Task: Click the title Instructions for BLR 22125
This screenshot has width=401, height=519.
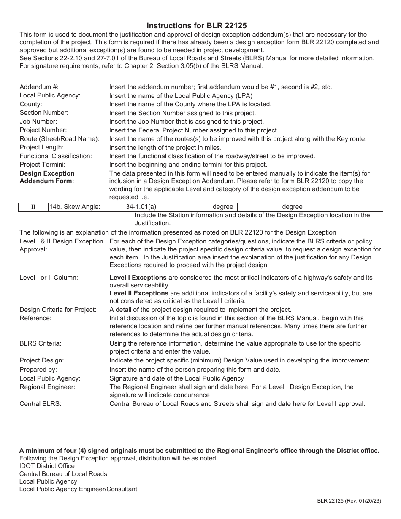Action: (x=197, y=26)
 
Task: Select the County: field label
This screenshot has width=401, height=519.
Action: (x=31, y=104)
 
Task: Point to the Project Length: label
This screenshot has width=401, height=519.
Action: (x=41, y=147)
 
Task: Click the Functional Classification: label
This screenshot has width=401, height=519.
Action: (x=56, y=156)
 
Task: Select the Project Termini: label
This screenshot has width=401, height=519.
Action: (x=42, y=165)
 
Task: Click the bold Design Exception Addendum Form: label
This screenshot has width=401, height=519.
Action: (x=47, y=177)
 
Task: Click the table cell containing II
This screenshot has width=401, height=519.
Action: (x=33, y=207)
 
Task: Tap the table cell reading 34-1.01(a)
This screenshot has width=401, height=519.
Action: (x=141, y=207)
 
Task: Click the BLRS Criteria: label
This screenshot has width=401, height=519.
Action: (x=41, y=343)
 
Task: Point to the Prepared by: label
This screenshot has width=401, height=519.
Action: (x=38, y=370)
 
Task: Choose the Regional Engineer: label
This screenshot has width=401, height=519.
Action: (x=47, y=387)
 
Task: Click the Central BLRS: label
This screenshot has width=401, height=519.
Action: (x=41, y=404)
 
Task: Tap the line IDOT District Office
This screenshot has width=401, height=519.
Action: (x=47, y=466)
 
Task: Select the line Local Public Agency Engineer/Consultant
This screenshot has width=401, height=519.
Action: (x=78, y=489)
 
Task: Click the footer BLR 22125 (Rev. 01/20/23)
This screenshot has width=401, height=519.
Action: (x=349, y=501)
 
